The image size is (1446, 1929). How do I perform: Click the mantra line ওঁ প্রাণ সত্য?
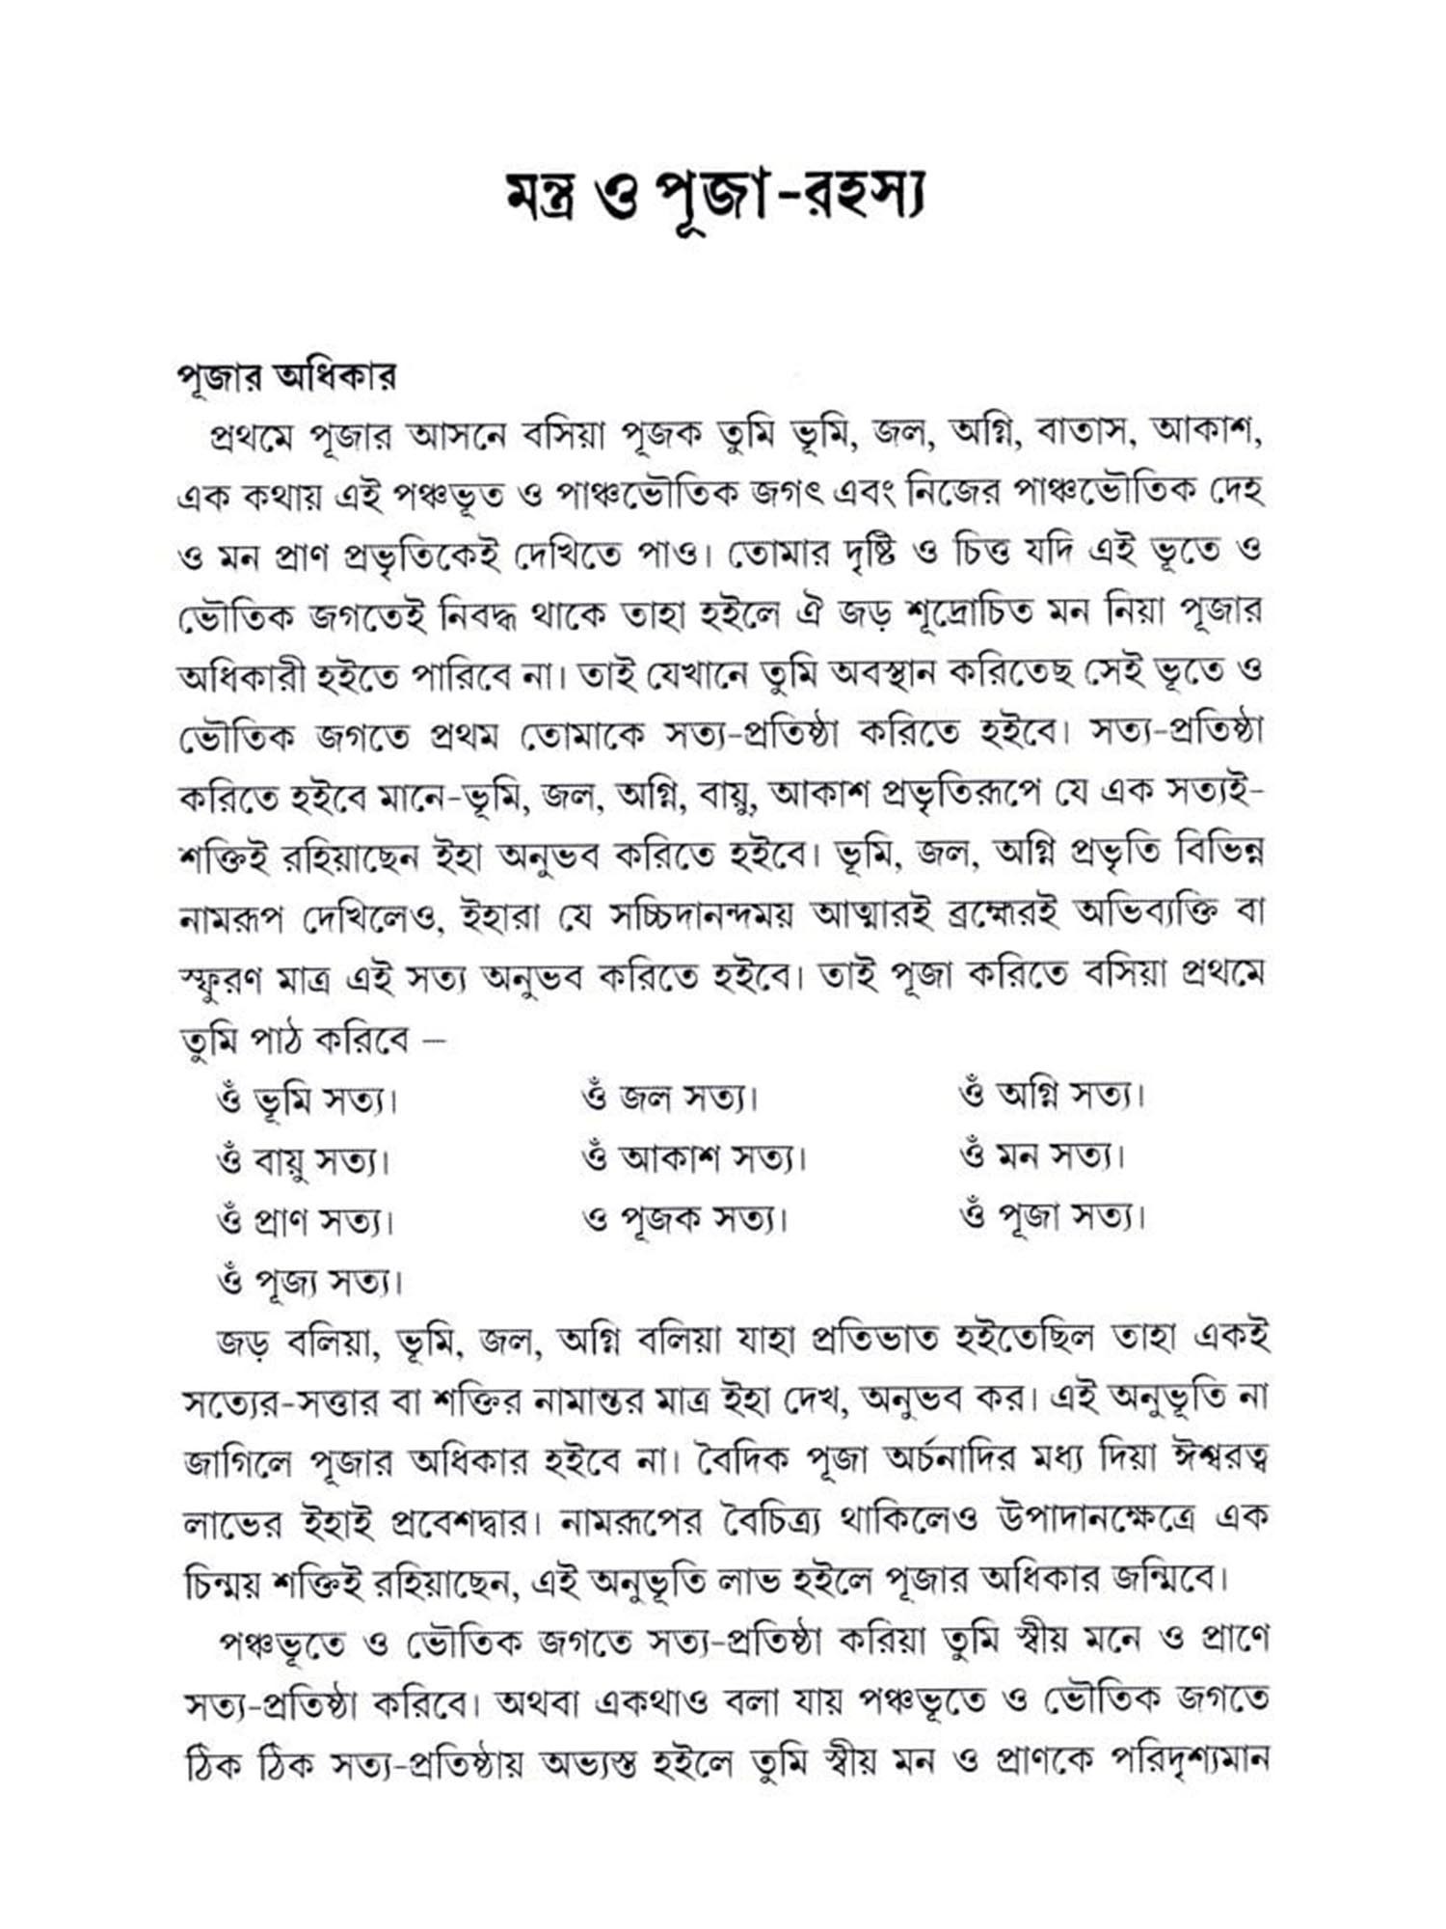point(307,1222)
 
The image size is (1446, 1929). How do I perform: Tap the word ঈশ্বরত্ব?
point(1217,1459)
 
